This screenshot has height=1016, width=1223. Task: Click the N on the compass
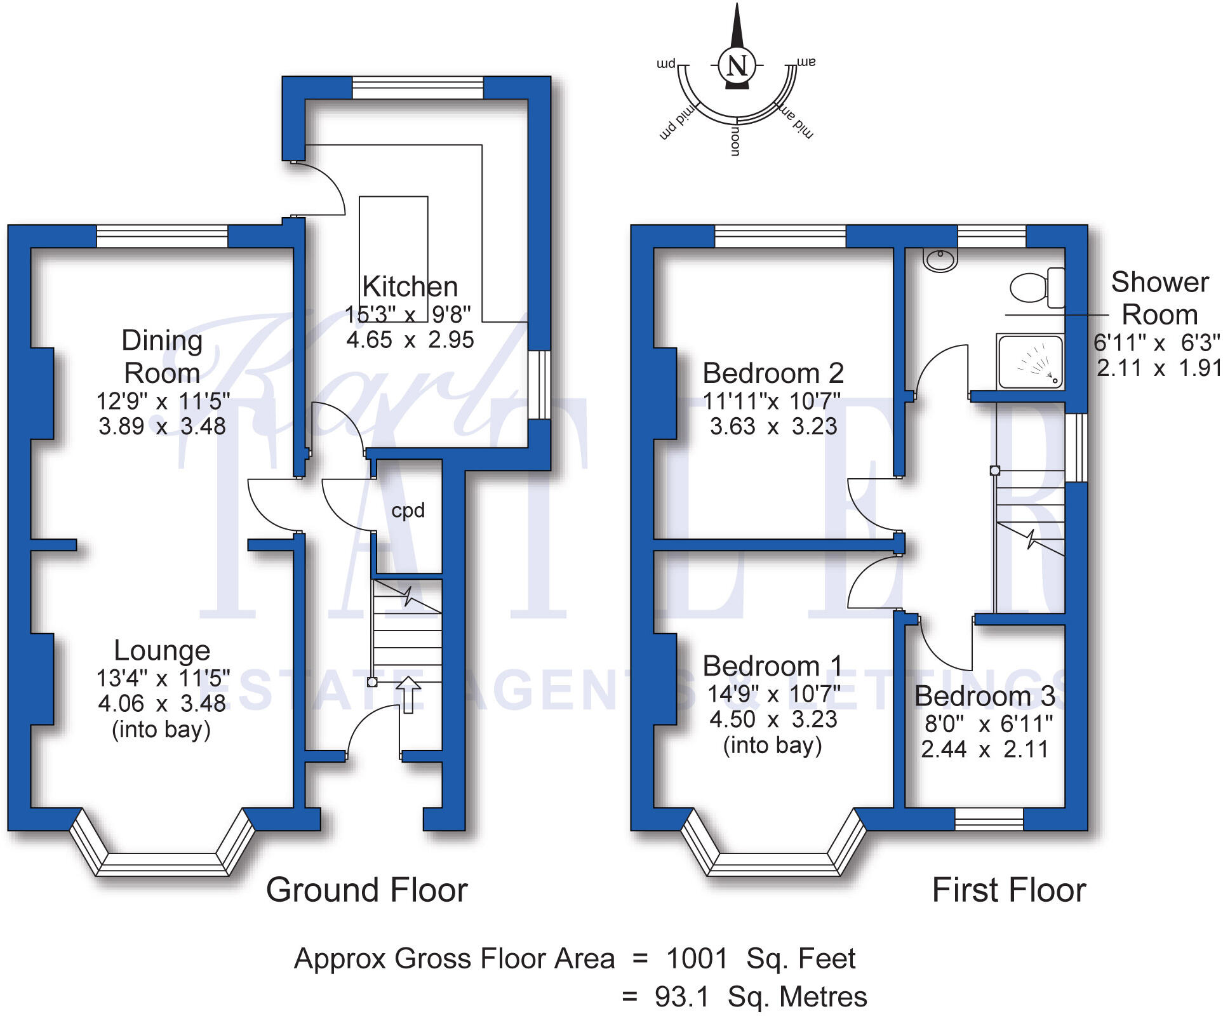pos(737,65)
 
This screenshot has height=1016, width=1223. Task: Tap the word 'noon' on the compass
pos(735,140)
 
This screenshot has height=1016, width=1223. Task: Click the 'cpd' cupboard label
pos(408,511)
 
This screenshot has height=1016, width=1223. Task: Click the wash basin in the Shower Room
pos(940,259)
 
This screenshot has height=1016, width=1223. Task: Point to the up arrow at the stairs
pos(408,694)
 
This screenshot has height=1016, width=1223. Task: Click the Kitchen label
pos(410,286)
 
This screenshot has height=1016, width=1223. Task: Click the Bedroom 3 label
pos(984,696)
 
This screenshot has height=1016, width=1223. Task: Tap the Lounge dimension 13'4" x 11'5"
pos(163,678)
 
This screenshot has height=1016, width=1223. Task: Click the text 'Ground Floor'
pos(366,890)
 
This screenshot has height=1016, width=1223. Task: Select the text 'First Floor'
pos(1008,890)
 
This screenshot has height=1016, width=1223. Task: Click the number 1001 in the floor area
pos(697,958)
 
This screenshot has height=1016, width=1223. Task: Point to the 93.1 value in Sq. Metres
pos(681,997)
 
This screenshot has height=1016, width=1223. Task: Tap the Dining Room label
pos(162,356)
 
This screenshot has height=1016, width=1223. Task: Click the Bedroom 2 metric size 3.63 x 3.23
pos(773,426)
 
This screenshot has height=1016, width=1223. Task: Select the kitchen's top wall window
pos(417,88)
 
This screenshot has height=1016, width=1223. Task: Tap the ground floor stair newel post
pos(372,682)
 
